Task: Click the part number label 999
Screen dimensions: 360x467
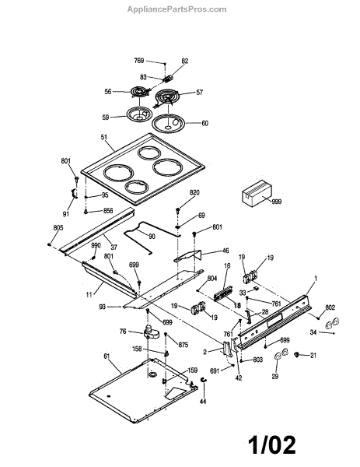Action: coord(276,202)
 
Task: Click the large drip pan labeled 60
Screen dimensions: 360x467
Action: coord(168,122)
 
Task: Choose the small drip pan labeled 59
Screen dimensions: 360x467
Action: coord(139,114)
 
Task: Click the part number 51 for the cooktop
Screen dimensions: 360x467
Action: coord(104,138)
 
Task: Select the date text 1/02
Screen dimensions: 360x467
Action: coord(272,445)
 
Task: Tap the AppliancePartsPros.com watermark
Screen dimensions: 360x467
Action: coord(177,9)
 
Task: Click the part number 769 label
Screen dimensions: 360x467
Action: coord(139,61)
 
